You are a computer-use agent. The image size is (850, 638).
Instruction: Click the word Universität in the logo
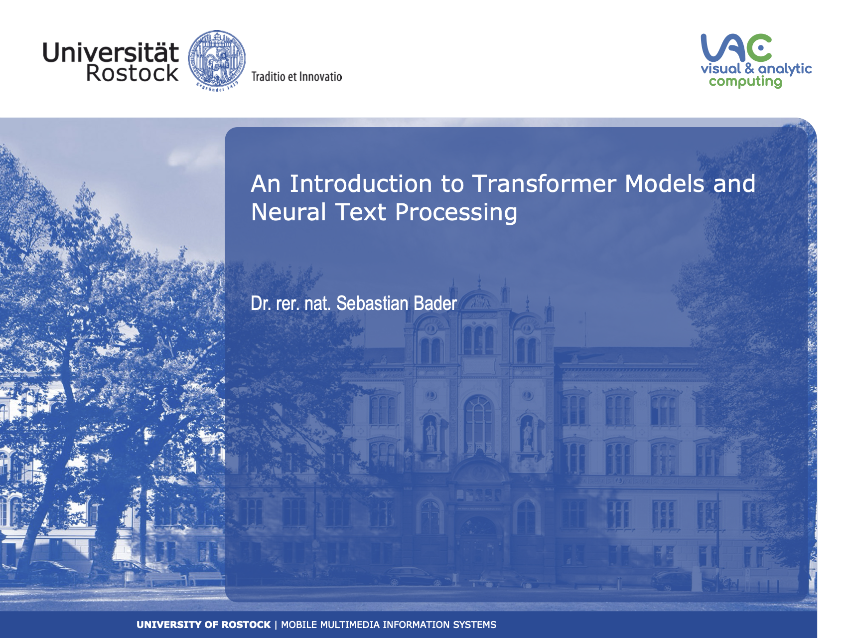[x=111, y=52]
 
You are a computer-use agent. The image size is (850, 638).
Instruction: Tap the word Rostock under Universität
[x=132, y=73]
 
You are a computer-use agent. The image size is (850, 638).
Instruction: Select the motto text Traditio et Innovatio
[x=296, y=76]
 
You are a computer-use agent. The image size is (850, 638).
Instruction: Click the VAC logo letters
[x=736, y=48]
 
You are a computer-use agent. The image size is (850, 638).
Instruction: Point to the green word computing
[x=745, y=82]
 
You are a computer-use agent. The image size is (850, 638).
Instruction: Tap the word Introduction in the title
[x=361, y=183]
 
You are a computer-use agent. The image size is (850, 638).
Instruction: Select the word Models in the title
[x=665, y=183]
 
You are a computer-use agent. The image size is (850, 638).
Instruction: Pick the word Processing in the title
[x=456, y=213]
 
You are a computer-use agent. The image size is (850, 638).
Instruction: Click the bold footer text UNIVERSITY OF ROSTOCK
[x=203, y=625]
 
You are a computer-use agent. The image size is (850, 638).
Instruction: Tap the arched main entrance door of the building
[x=479, y=548]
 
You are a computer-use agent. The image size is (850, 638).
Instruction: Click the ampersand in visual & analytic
[x=749, y=68]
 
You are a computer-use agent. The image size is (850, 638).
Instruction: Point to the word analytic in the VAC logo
[x=785, y=69]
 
